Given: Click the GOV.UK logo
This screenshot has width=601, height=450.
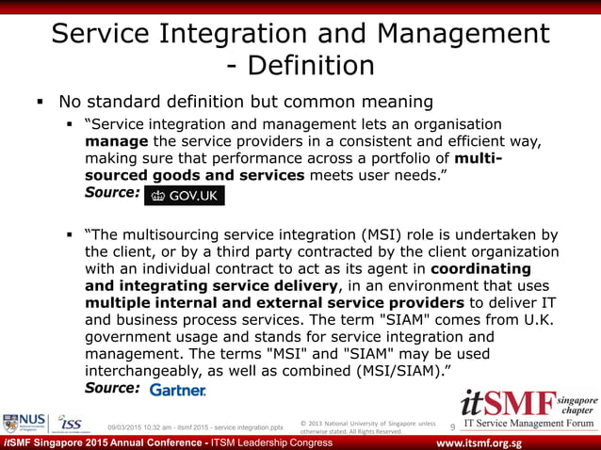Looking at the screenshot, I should click(x=184, y=195).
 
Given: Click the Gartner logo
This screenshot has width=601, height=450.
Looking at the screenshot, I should click(x=177, y=389).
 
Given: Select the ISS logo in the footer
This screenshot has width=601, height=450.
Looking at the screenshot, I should click(x=72, y=424).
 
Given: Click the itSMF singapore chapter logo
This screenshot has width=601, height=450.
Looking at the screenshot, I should click(x=528, y=410).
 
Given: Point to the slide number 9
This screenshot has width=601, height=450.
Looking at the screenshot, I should click(x=452, y=429).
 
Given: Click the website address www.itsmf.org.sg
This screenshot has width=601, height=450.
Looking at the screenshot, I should click(x=500, y=443).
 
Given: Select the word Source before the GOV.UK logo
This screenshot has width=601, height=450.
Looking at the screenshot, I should click(x=112, y=192).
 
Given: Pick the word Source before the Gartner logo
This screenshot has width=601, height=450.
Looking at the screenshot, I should click(x=112, y=387).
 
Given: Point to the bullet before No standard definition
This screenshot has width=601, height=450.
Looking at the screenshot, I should click(x=41, y=102).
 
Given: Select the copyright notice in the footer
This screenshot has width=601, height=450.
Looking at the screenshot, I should click(x=367, y=426).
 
